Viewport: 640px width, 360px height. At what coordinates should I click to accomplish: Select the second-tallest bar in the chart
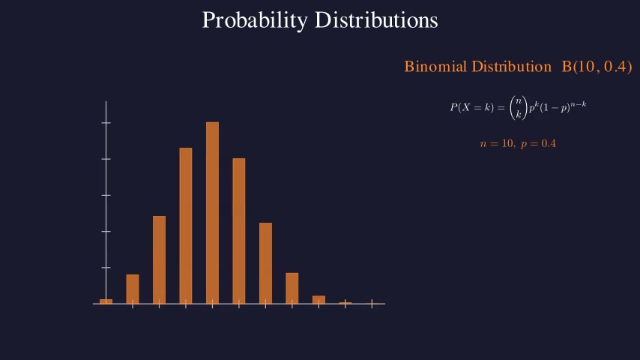[186, 226]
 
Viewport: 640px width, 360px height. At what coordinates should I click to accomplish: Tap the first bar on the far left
[106, 301]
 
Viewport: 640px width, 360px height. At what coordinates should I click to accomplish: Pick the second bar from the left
[133, 289]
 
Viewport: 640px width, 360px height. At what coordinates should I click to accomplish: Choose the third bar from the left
[159, 259]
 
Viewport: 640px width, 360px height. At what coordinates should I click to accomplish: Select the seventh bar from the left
[265, 263]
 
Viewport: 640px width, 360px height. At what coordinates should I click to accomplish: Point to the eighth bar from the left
[292, 288]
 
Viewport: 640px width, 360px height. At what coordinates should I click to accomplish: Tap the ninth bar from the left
[319, 299]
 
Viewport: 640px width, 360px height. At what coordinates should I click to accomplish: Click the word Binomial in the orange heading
[435, 67]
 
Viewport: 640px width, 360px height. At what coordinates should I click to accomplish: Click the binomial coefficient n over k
[517, 107]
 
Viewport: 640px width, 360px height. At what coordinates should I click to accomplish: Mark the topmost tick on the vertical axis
[106, 122]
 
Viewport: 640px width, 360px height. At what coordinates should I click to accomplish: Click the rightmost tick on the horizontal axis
[372, 304]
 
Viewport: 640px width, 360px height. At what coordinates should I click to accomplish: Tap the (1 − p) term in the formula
[555, 108]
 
